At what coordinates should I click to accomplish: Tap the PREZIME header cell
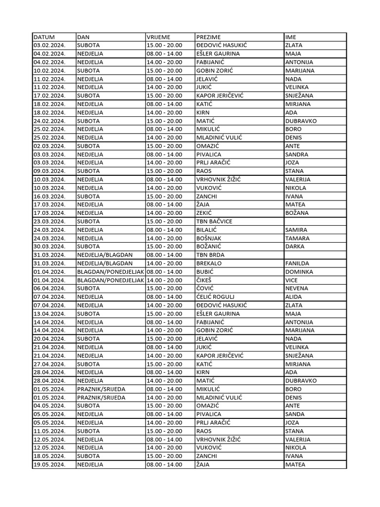tap(208, 37)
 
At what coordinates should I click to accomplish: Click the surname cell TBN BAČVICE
tap(214, 221)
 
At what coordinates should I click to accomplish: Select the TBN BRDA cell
tap(210, 255)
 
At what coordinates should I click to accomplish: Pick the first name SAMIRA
tap(296, 230)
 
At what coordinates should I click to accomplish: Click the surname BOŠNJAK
tap(209, 238)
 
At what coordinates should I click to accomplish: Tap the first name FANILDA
tap(297, 263)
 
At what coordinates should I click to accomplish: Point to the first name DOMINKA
tap(299, 272)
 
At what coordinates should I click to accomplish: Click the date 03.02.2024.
tap(49, 46)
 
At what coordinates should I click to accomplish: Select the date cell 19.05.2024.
tap(49, 464)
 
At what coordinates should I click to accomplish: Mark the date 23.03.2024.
tap(49, 221)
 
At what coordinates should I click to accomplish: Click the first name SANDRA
tap(296, 154)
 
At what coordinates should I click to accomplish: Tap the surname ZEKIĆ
tap(205, 213)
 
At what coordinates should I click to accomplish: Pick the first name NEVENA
tap(296, 288)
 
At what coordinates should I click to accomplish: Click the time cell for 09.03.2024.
tap(164, 171)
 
